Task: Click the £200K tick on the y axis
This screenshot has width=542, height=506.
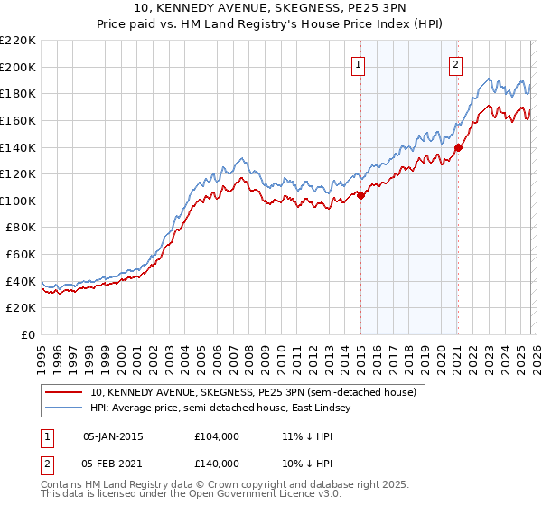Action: pyautogui.click(x=18, y=67)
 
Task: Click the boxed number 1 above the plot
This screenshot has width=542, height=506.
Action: pyautogui.click(x=360, y=64)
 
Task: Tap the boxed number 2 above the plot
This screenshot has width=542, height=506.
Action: pyautogui.click(x=456, y=64)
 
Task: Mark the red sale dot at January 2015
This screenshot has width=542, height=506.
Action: pyautogui.click(x=360, y=195)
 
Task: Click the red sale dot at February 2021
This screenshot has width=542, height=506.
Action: pyautogui.click(x=458, y=147)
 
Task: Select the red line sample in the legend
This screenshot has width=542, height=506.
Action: pyautogui.click(x=64, y=393)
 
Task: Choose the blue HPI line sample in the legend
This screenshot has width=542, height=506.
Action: pyautogui.click(x=64, y=408)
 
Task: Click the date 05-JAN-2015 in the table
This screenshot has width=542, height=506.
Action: pyautogui.click(x=113, y=436)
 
